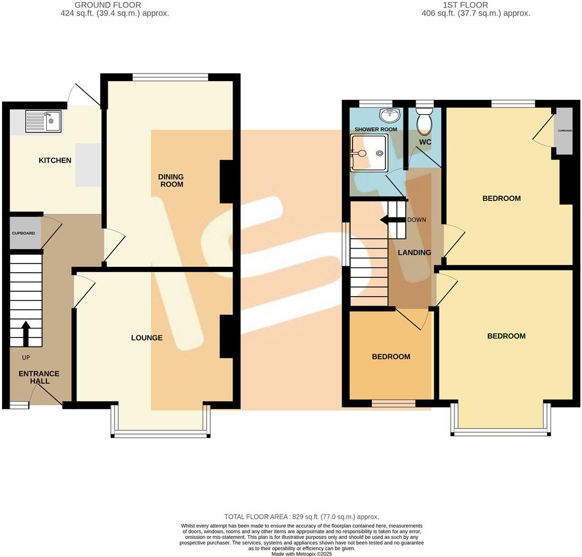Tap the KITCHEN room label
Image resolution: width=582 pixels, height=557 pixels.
pyautogui.click(x=55, y=161)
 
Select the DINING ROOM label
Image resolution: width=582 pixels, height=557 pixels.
pyautogui.click(x=171, y=181)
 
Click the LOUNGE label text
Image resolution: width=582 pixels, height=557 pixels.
pyautogui.click(x=147, y=338)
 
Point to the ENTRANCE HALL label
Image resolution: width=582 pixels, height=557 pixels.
pyautogui.click(x=39, y=377)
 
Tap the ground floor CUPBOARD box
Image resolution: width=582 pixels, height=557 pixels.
pyautogui.click(x=24, y=233)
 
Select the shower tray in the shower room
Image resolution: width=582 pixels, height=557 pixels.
pyautogui.click(x=370, y=153)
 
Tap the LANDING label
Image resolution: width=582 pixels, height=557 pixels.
pyautogui.click(x=414, y=253)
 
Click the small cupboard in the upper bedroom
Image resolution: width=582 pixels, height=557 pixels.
pyautogui.click(x=564, y=131)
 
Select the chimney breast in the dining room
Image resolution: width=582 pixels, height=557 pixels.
pyautogui.click(x=227, y=182)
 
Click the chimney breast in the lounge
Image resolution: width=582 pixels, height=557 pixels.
pyautogui.click(x=227, y=336)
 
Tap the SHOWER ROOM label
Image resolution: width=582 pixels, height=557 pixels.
pyautogui.click(x=375, y=130)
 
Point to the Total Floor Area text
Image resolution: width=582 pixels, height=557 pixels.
pyautogui.click(x=301, y=517)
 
